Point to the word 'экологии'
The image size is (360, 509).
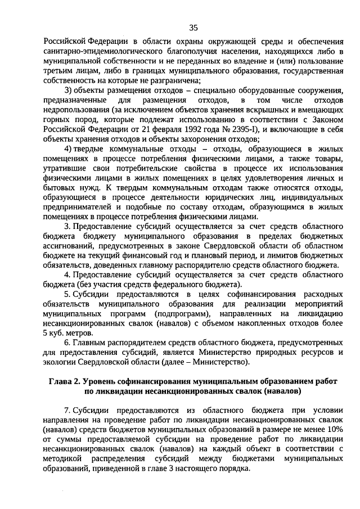click(60, 362)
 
